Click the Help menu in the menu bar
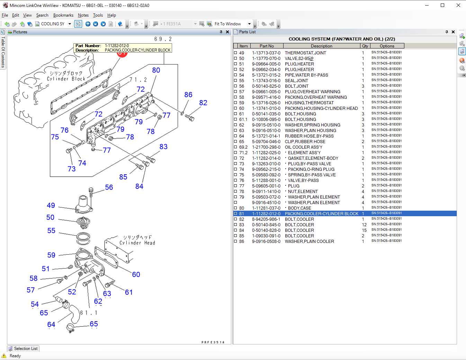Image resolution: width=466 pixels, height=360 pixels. [x=111, y=15]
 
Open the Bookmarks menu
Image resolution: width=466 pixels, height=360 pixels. [x=63, y=15]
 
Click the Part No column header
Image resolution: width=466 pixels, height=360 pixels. [x=267, y=46]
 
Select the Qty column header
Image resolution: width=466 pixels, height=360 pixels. [x=365, y=46]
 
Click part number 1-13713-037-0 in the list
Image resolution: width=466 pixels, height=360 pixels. [x=266, y=53]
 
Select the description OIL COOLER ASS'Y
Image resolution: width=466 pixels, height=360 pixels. [x=303, y=147]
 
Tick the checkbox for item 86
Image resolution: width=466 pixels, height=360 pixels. [x=236, y=242]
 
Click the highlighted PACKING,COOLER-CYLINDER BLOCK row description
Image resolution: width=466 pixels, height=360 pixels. [x=321, y=214]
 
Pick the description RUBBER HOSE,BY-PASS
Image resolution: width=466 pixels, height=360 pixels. [x=309, y=136]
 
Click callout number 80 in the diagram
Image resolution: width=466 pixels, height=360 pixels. [x=156, y=70]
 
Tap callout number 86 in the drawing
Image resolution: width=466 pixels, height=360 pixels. [x=188, y=95]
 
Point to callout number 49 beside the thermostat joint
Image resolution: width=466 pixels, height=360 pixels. [x=51, y=205]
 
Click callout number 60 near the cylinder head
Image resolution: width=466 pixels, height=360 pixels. [x=136, y=274]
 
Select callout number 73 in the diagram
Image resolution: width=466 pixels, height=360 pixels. [x=71, y=169]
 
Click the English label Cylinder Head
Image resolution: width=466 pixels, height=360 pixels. [x=137, y=243]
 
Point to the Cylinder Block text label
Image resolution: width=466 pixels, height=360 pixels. [x=66, y=79]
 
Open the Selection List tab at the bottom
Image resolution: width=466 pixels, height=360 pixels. [x=23, y=349]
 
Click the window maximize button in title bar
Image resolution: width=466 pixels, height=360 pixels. [x=442, y=5]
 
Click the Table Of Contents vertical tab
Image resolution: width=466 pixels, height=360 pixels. [x=3, y=52]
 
